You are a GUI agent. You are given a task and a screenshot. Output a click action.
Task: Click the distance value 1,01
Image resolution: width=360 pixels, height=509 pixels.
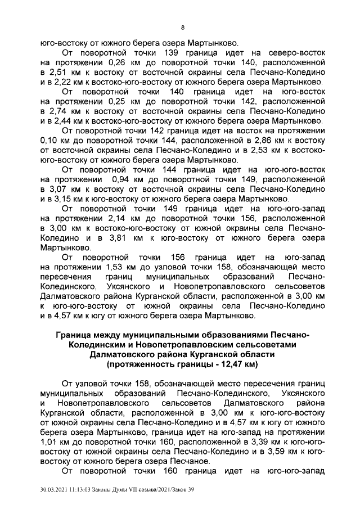coord(51,443)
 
